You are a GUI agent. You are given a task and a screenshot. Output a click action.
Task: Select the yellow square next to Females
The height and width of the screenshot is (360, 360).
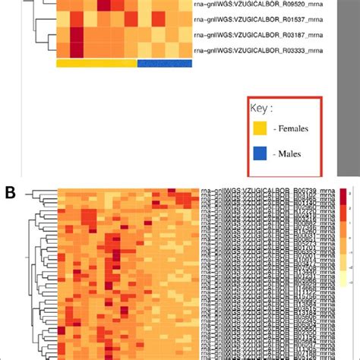[x=262, y=128]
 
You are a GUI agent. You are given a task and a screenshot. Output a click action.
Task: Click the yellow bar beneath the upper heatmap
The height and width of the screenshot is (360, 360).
[x=96, y=64]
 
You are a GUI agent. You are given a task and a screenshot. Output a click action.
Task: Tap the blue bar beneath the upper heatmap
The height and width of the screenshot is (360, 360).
[x=165, y=64]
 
